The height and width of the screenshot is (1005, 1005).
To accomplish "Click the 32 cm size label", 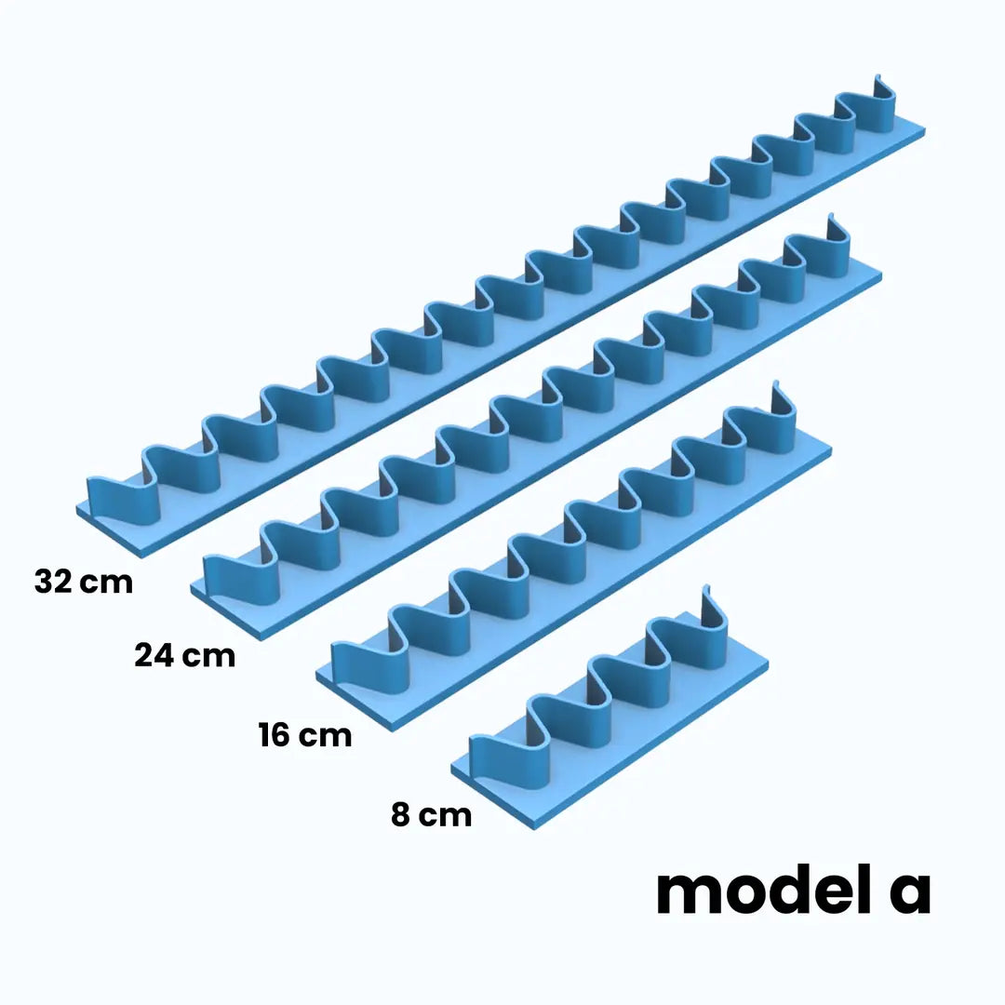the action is (84, 582).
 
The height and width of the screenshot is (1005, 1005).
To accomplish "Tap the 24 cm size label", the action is (184, 655).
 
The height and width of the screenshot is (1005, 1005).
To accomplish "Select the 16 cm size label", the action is (305, 734).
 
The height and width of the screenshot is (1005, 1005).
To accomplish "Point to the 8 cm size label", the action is (432, 814).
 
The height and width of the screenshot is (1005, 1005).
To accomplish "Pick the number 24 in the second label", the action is (154, 655).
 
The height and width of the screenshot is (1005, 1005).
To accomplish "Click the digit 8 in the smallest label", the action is (400, 814).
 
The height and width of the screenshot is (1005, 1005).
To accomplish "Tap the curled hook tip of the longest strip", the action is (878, 78).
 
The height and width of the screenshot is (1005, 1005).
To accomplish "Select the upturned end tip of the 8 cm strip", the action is (706, 588).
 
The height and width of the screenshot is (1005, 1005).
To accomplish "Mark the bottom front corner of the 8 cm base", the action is (534, 829).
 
